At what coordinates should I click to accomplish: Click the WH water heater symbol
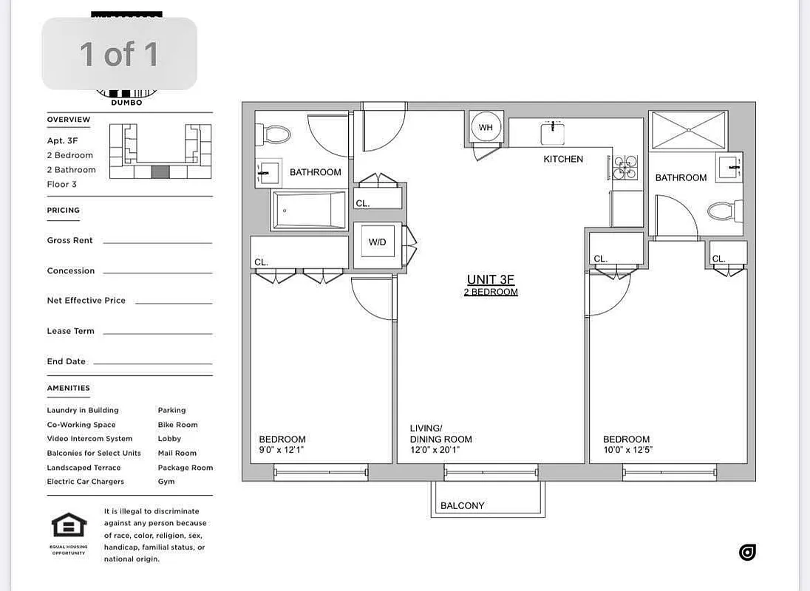tap(486, 128)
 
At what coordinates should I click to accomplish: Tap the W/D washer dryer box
tap(377, 243)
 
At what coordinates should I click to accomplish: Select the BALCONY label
tap(462, 506)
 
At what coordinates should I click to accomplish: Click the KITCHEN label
tap(563, 159)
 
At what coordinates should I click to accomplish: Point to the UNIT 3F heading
tap(490, 279)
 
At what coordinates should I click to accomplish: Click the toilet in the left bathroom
tap(276, 134)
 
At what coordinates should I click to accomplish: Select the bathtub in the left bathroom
tap(309, 210)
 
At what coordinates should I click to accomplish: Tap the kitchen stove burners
tap(624, 168)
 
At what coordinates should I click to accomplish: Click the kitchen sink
tap(552, 134)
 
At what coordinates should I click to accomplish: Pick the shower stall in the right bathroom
tap(687, 131)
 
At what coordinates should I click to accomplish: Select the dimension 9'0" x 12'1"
tap(281, 450)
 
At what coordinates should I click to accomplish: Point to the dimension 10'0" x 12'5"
tap(627, 450)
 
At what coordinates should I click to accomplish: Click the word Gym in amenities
tap(166, 482)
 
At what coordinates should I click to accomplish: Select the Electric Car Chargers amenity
tap(86, 482)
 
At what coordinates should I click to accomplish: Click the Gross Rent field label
tap(70, 241)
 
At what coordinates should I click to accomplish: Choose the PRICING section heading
tap(64, 211)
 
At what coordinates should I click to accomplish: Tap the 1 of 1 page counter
tap(119, 54)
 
